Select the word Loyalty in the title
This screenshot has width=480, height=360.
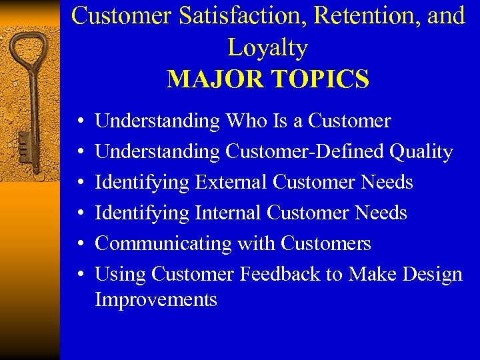point(267,47)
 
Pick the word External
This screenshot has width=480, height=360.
point(231,182)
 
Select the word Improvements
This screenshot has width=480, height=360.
point(156,299)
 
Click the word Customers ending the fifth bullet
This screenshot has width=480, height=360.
point(325,243)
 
